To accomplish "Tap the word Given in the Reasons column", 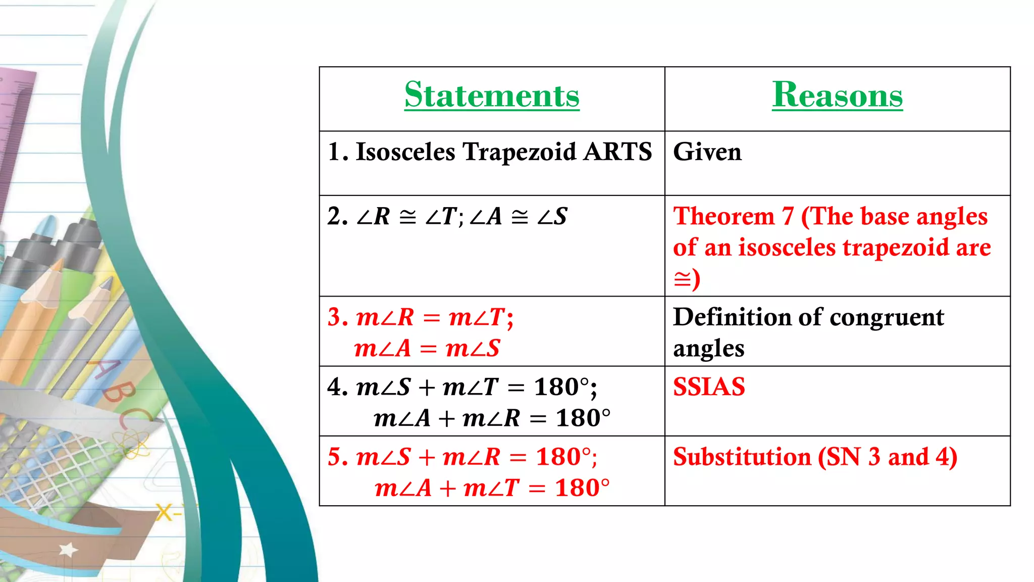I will coord(707,152).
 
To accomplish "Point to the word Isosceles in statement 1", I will coord(405,152).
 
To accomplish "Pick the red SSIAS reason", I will coord(709,387).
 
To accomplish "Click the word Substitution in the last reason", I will coord(742,457).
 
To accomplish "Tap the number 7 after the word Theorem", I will coord(788,216).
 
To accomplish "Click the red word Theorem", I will coord(723,216).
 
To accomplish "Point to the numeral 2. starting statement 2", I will coord(337,216).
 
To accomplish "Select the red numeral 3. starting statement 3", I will coord(337,317).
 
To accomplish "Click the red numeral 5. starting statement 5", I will coord(337,457).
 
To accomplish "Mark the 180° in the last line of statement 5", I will coord(582,488).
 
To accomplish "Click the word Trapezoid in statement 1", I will coord(519,152).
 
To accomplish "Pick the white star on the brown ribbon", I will coord(68,549).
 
